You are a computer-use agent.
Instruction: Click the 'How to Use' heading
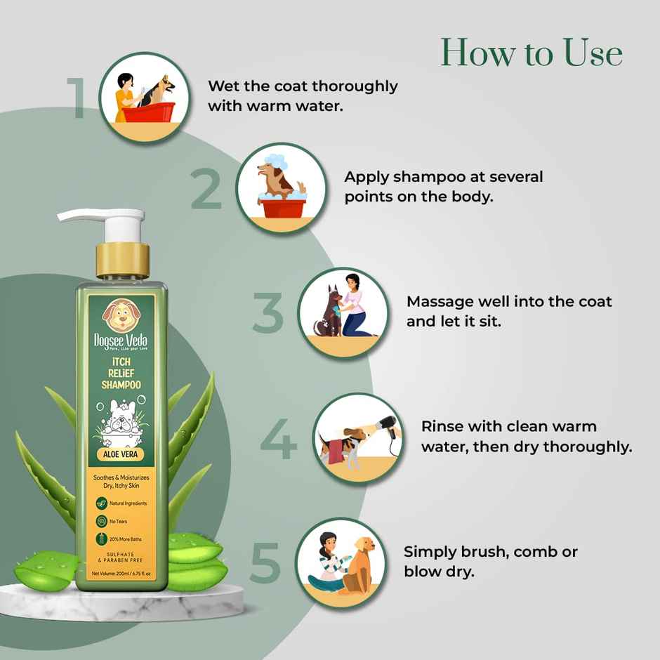pyautogui.click(x=532, y=53)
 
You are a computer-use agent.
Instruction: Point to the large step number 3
pyautogui.click(x=268, y=313)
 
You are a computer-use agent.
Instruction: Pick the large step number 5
pyautogui.click(x=265, y=562)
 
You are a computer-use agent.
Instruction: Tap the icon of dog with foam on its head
pyautogui.click(x=282, y=188)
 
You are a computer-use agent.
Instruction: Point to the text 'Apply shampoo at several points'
pyautogui.click(x=443, y=186)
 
